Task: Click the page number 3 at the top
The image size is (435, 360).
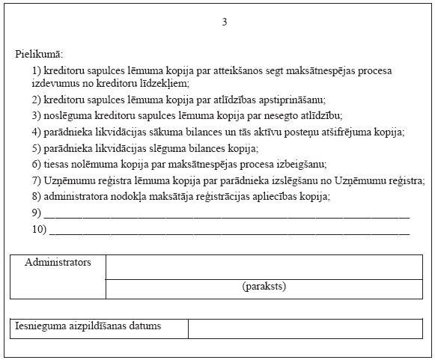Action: pos(224,22)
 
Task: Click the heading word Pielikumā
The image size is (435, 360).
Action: pos(39,55)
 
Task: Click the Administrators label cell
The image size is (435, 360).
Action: pos(58,263)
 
